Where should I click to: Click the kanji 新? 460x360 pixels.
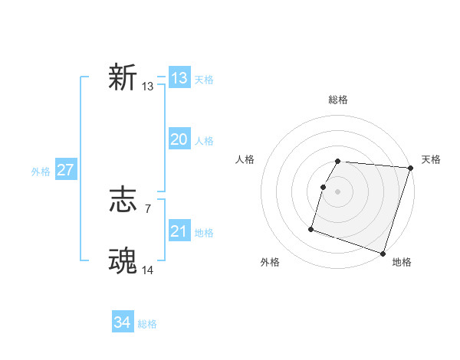(123, 78)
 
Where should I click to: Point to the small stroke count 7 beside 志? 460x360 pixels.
(147, 208)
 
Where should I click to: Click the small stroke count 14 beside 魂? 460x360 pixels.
(148, 270)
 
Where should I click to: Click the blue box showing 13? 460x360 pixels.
(179, 78)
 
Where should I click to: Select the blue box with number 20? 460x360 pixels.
(179, 139)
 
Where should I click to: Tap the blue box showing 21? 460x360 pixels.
(179, 231)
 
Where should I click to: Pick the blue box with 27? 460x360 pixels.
(65, 170)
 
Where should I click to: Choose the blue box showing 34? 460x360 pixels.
(122, 322)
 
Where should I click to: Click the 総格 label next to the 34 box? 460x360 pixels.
(147, 324)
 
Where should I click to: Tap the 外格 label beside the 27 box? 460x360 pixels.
(41, 172)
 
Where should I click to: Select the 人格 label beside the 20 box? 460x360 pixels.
(204, 141)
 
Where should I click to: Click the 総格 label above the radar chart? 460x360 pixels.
(338, 100)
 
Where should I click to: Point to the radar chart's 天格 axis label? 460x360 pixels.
(431, 159)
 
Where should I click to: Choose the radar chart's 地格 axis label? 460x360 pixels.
(402, 262)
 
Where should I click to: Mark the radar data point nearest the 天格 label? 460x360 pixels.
(411, 168)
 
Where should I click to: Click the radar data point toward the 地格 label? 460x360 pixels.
(383, 253)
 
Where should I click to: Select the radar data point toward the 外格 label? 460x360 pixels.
(311, 228)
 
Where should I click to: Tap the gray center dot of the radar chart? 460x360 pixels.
(338, 191)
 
